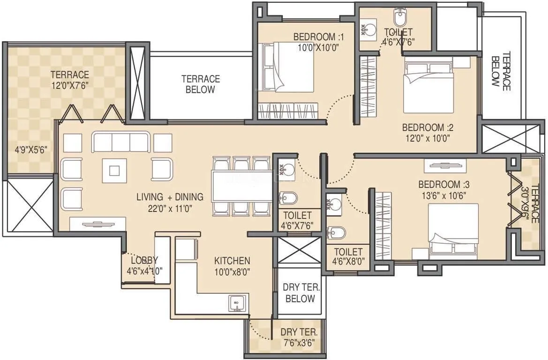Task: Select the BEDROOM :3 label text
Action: [440, 184]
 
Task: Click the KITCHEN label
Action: [232, 261]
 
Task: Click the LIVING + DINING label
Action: [170, 197]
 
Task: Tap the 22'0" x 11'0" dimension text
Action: [170, 209]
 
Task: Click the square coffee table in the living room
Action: [115, 169]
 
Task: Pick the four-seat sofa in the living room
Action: [121, 142]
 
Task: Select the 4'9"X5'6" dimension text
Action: [31, 150]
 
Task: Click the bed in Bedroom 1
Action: [287, 67]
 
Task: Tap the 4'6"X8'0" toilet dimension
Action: [348, 261]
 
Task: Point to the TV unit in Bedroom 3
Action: [445, 165]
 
